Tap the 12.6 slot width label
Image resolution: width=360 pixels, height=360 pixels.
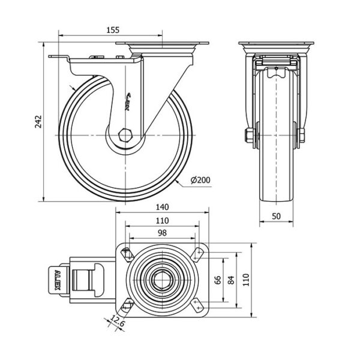click(x=118, y=325)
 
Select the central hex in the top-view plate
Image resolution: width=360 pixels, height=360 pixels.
click(x=162, y=279)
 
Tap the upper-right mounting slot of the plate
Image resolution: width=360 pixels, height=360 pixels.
click(x=197, y=254)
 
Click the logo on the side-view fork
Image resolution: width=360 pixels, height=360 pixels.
click(x=131, y=100)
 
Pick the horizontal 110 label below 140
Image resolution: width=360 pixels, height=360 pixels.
click(x=162, y=220)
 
